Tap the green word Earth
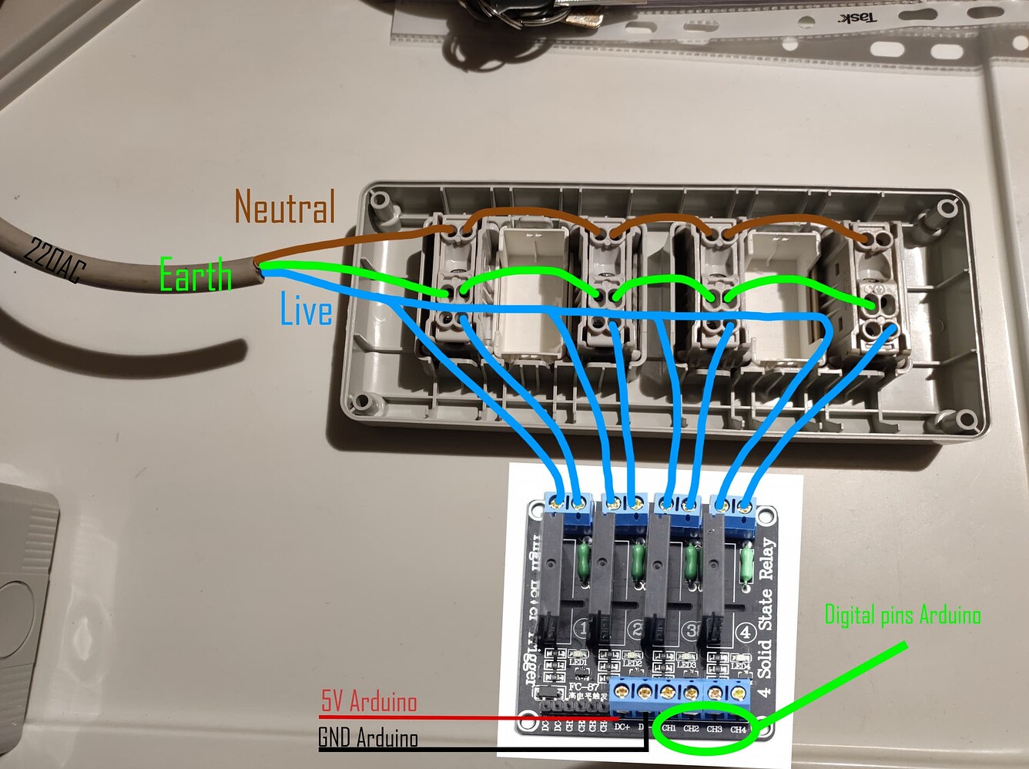click(x=195, y=275)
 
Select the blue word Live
click(x=306, y=310)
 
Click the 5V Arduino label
click(x=368, y=701)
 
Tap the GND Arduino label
click(x=368, y=737)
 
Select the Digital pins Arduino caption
click(x=902, y=614)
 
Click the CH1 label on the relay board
click(x=669, y=728)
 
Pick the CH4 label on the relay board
click(x=738, y=728)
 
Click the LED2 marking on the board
click(x=632, y=663)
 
